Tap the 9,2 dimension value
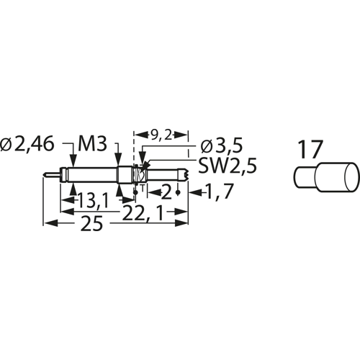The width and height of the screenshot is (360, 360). [x=162, y=134]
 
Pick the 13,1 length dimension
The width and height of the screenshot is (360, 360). [x=91, y=199]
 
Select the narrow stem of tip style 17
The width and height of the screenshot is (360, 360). [x=305, y=175]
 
